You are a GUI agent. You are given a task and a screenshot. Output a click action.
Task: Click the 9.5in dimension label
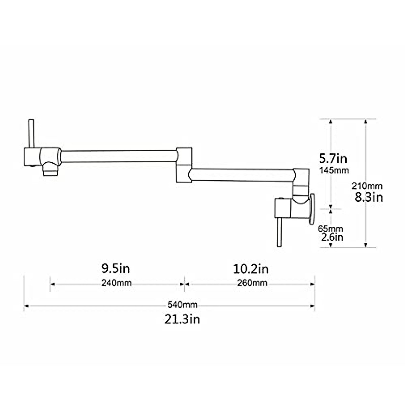click(116, 269)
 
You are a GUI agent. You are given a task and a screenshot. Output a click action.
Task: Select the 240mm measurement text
click(116, 283)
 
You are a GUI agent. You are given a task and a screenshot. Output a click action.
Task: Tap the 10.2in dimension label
click(251, 269)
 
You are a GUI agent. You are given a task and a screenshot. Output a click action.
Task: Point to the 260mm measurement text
click(252, 283)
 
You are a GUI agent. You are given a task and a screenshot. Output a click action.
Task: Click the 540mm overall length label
click(182, 305)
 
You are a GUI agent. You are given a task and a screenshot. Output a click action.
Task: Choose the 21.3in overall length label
click(182, 319)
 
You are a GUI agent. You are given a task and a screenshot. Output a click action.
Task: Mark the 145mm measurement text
click(334, 170)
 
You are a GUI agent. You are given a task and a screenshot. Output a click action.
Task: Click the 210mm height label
click(367, 186)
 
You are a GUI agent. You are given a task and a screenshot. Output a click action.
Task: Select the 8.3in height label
click(369, 197)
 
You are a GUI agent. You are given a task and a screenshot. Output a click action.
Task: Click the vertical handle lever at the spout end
click(31, 134)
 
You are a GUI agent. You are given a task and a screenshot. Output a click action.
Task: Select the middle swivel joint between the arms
click(184, 165)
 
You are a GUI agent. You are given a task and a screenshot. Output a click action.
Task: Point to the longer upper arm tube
click(118, 156)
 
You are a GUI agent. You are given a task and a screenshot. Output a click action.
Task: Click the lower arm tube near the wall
click(241, 175)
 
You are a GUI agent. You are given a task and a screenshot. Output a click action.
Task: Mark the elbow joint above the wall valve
click(301, 182)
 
